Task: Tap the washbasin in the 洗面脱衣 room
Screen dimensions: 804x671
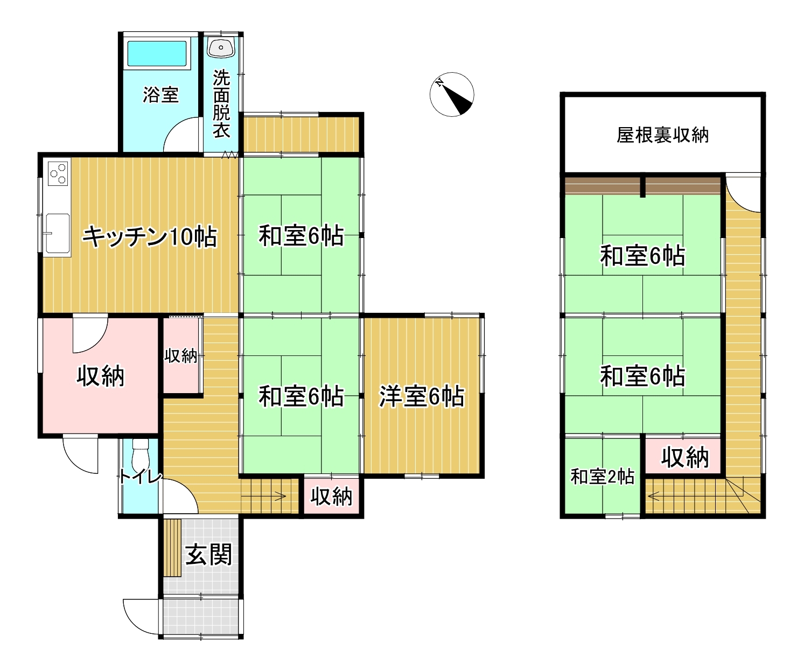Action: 221,48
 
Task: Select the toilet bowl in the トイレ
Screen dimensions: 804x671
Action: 140,456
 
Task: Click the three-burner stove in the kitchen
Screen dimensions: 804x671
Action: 58,173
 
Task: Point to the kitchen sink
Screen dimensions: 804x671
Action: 58,233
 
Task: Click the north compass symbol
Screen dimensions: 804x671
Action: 452,94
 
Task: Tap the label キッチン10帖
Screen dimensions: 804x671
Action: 149,237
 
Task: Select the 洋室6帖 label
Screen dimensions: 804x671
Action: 422,396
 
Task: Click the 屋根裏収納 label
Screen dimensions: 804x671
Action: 662,135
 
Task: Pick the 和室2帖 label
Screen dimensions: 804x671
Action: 602,477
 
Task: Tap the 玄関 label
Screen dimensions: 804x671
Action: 209,555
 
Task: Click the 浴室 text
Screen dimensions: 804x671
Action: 160,95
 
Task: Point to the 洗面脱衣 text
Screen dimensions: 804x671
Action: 221,103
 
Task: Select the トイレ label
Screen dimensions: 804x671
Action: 141,477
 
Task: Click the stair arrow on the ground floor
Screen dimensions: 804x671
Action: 264,496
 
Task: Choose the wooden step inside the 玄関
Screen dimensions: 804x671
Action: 172,548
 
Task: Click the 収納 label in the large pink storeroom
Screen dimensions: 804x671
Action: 101,375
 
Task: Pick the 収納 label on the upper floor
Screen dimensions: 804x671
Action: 684,458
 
